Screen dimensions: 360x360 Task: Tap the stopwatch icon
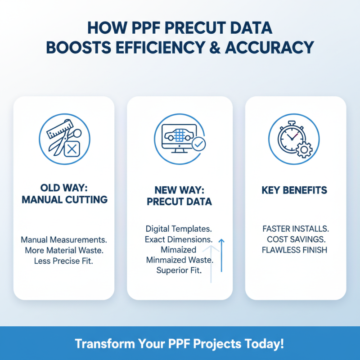pyautogui.click(x=293, y=137)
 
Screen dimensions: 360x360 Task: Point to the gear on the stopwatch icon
pyautogui.click(x=305, y=148)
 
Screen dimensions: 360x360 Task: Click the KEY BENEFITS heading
pyautogui.click(x=294, y=191)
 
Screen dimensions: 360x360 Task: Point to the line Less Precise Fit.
pyautogui.click(x=63, y=261)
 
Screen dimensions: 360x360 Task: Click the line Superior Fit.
pyautogui.click(x=179, y=270)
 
